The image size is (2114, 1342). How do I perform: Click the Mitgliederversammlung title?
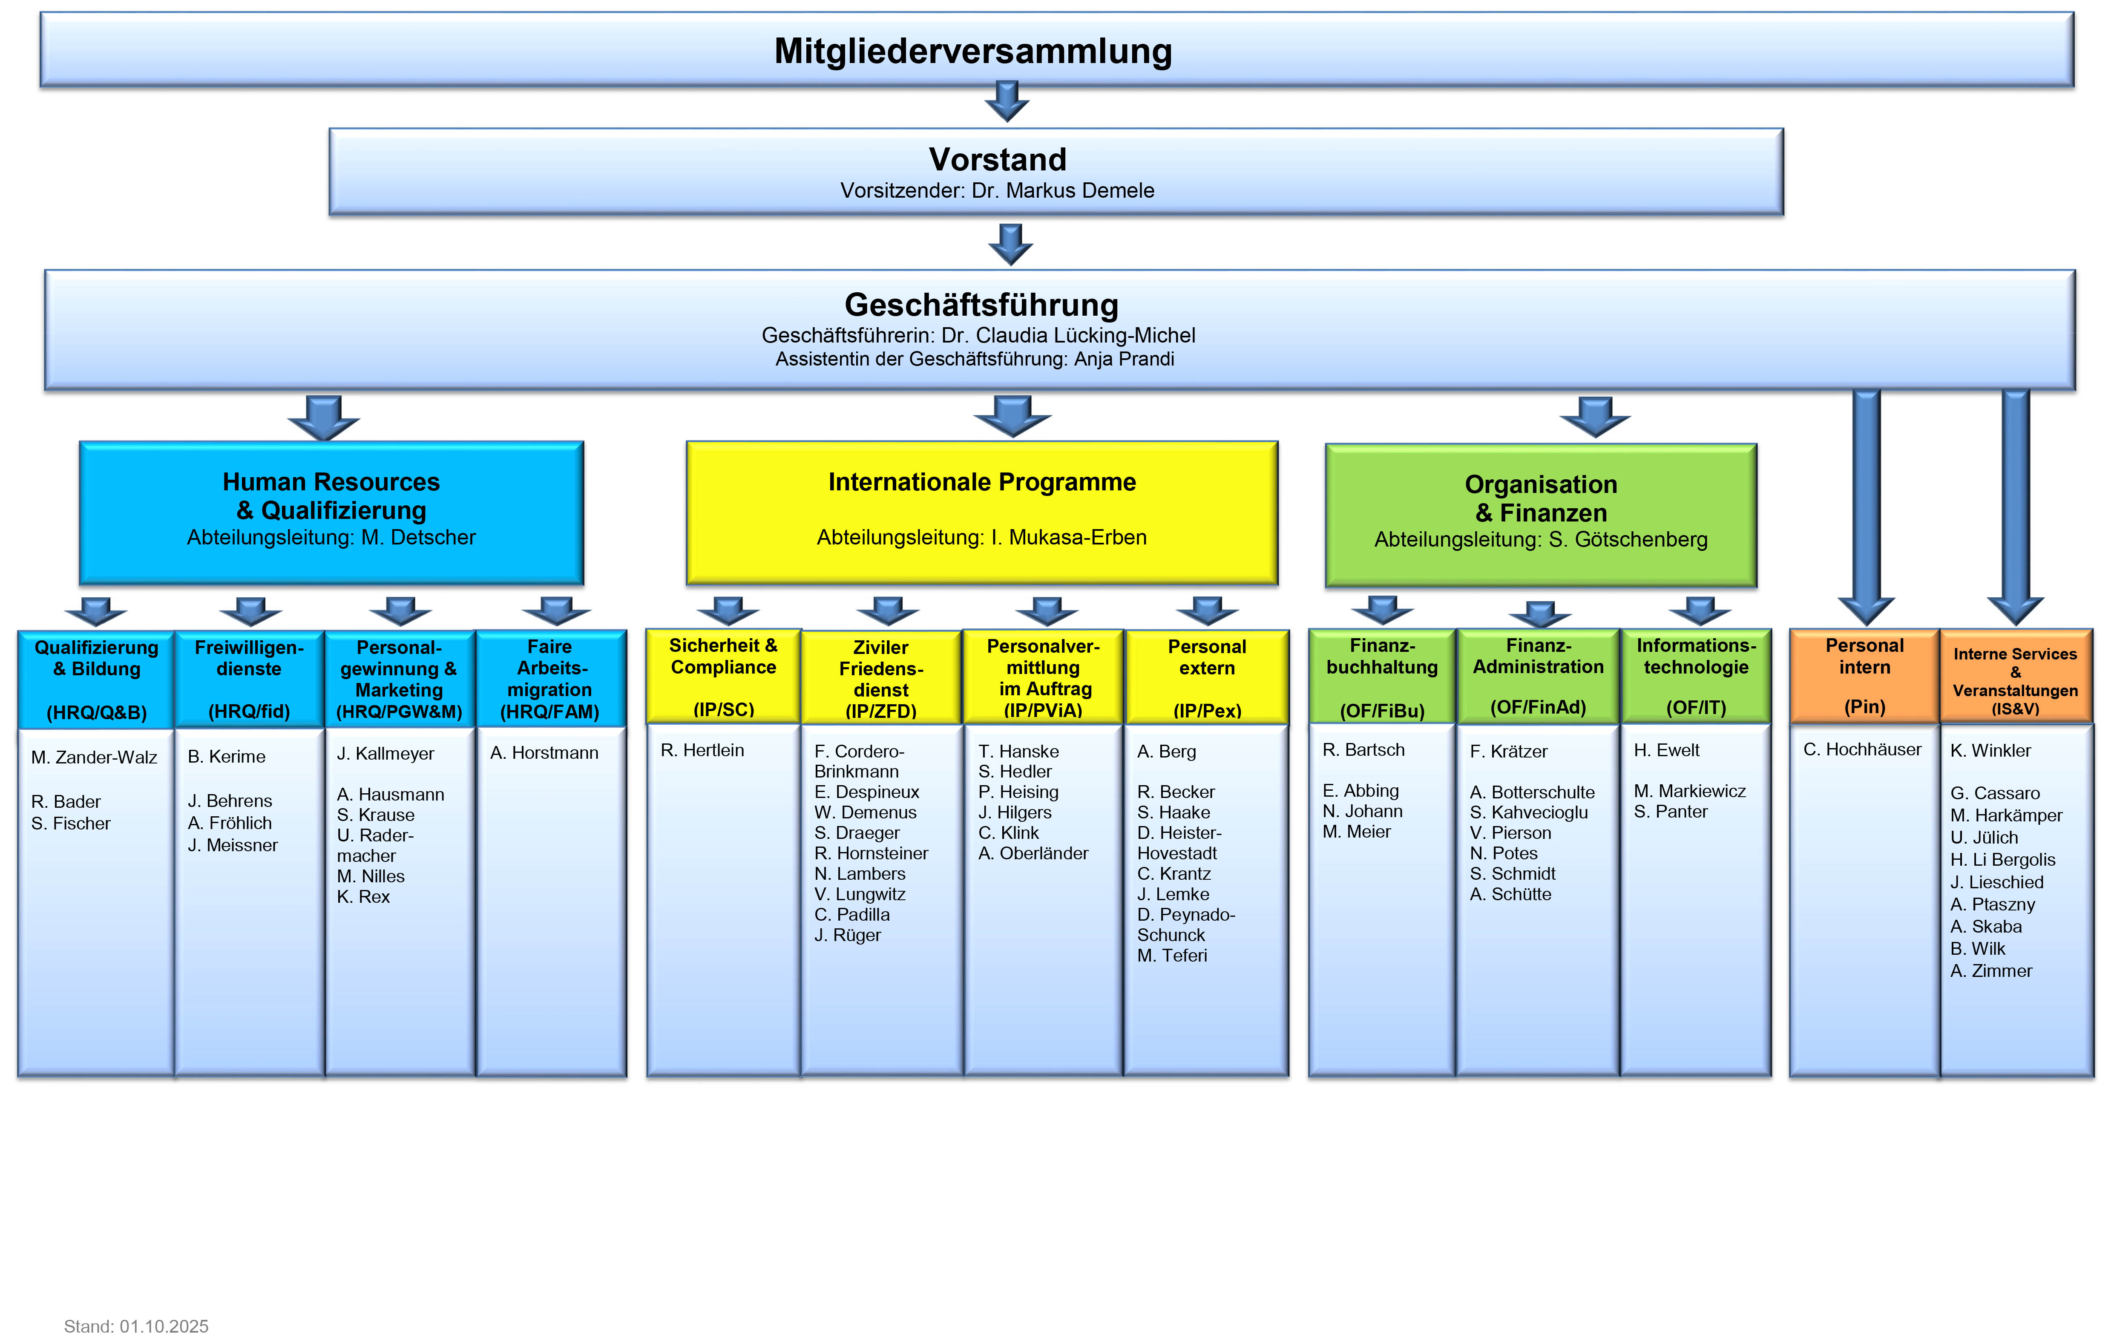pyautogui.click(x=973, y=51)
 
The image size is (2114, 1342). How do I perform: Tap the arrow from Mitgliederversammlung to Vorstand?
pyautogui.click(x=1007, y=100)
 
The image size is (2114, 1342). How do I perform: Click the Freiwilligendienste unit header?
pyautogui.click(x=249, y=678)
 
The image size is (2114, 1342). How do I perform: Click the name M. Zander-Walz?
pyautogui.click(x=94, y=757)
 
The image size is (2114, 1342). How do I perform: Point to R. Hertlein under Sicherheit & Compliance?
pyautogui.click(x=702, y=750)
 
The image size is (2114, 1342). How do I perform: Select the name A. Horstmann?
pyautogui.click(x=544, y=753)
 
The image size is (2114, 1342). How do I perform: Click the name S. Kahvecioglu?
pyautogui.click(x=1528, y=812)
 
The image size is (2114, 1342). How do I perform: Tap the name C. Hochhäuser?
pyautogui.click(x=1862, y=749)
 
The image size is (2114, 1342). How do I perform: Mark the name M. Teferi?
pyautogui.click(x=1172, y=956)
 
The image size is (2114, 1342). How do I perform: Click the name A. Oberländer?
pyautogui.click(x=1033, y=853)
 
